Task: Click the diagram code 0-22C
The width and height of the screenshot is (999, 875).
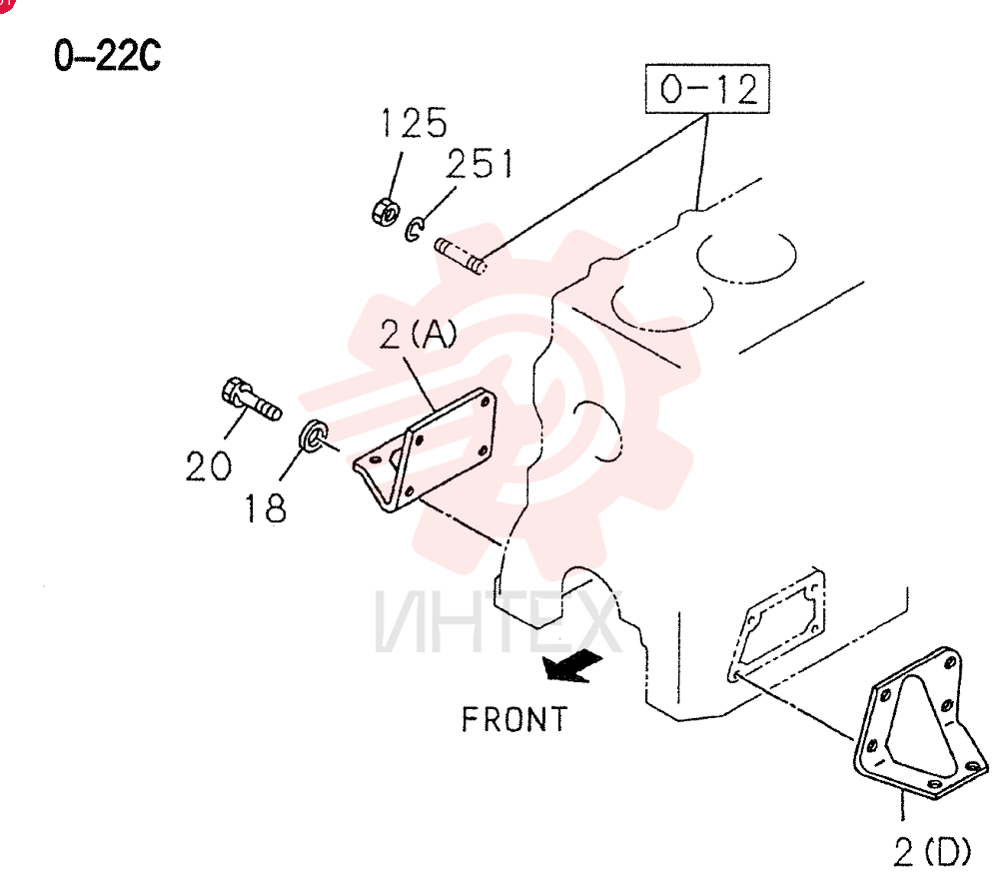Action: tap(107, 55)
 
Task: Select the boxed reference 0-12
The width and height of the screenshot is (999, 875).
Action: tap(707, 89)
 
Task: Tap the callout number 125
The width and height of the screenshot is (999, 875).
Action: tap(414, 123)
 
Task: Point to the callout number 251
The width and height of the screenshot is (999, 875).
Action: tap(480, 164)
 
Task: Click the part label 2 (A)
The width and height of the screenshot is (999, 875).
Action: tap(418, 335)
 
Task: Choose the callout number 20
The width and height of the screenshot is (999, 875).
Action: tap(209, 465)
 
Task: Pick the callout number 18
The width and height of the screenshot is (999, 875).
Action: tap(266, 508)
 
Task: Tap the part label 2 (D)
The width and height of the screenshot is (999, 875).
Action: tap(932, 851)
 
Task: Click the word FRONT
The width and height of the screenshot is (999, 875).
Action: tap(514, 719)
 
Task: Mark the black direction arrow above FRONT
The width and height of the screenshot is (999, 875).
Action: tap(570, 666)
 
